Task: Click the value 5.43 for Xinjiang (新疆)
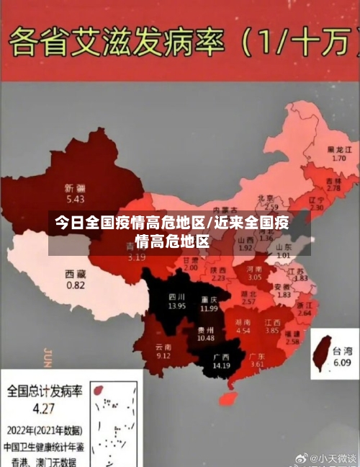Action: click(75, 198)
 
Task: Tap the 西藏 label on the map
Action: click(76, 274)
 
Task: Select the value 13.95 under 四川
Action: click(177, 306)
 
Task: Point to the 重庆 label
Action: click(210, 298)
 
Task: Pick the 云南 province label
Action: click(163, 347)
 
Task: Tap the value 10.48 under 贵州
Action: click(206, 337)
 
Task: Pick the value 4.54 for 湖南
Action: click(243, 331)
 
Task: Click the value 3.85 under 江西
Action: click(271, 331)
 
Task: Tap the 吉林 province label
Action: click(333, 180)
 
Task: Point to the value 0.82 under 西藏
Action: click(76, 285)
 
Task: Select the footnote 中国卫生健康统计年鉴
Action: click(45, 446)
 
